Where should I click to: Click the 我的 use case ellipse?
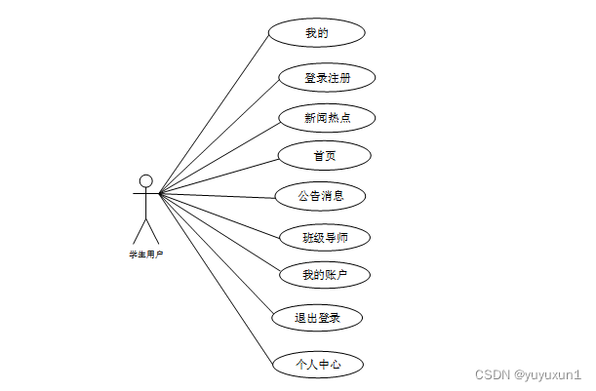(316, 32)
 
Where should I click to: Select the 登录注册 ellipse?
(327, 78)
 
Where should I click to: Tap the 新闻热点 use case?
(327, 118)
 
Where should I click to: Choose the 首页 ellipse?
(325, 155)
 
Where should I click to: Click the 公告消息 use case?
(320, 196)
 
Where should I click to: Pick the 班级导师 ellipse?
(325, 237)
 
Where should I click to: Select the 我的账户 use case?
(325, 275)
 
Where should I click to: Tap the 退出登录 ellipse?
(317, 317)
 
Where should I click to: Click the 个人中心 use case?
(319, 365)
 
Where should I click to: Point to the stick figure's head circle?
(146, 180)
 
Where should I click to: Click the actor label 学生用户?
(145, 254)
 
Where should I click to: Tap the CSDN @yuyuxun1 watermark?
(528, 374)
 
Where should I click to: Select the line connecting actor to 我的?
(214, 113)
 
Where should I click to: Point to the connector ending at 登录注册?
(220, 135)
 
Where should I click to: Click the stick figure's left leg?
(139, 231)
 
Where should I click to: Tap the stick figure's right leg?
(152, 231)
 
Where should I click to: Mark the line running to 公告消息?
(217, 195)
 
